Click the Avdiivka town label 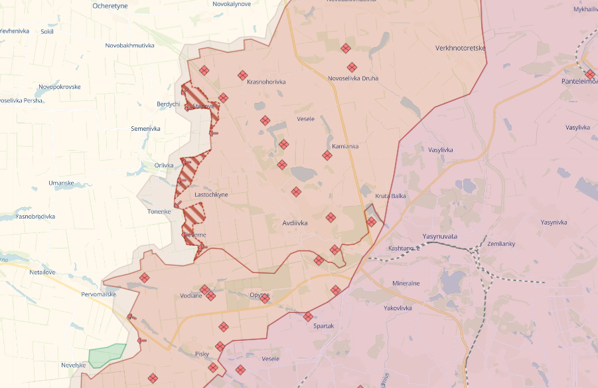(295, 223)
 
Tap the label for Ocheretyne (110, 6)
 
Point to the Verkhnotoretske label (461, 48)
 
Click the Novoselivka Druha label (353, 78)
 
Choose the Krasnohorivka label (266, 82)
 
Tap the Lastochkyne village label (211, 195)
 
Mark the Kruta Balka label (390, 196)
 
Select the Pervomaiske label (99, 294)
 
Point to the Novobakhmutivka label (130, 46)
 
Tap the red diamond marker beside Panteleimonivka (590, 74)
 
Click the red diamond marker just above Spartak (308, 316)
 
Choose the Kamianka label (345, 146)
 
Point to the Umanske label (64, 183)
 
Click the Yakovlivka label (398, 308)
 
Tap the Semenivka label (145, 128)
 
